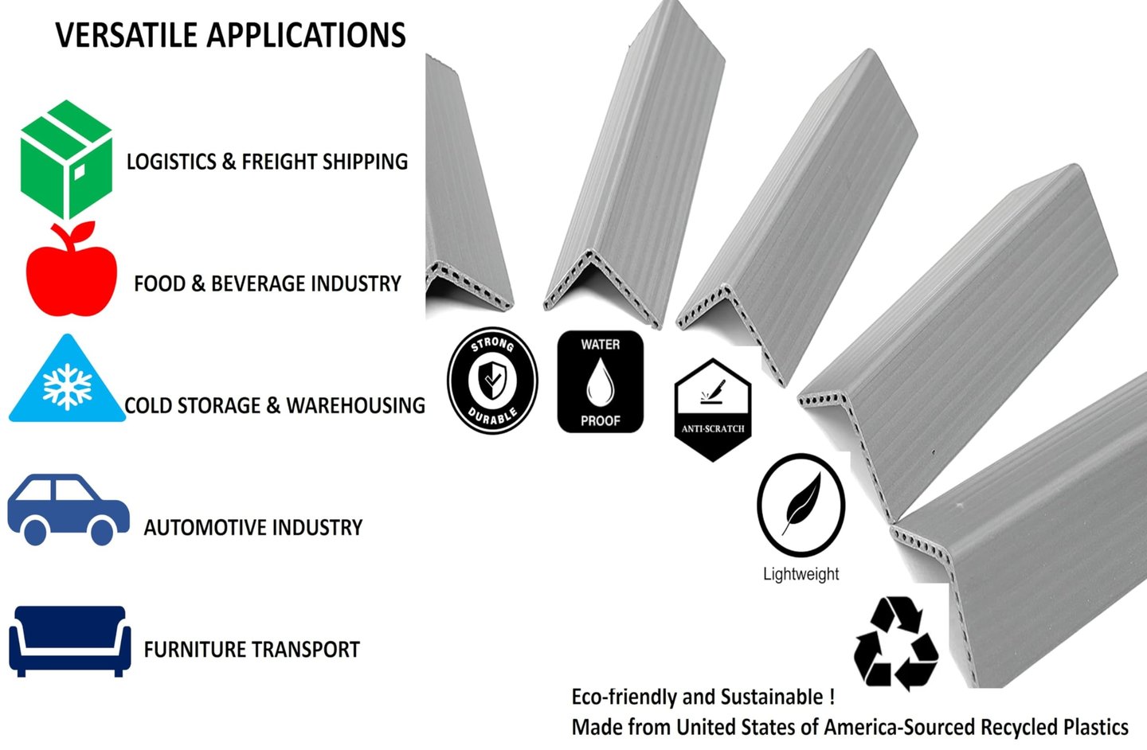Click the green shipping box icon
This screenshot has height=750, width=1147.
[x=66, y=159]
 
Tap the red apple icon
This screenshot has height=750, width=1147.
[x=71, y=272]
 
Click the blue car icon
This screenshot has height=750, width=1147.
[x=68, y=510]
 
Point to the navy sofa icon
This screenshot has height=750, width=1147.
[x=70, y=640]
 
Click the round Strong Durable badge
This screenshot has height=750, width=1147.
[x=492, y=381]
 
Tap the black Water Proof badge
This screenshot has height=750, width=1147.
[x=600, y=382]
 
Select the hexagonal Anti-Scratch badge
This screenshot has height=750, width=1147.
[x=712, y=410]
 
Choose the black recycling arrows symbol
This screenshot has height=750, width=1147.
[x=895, y=643]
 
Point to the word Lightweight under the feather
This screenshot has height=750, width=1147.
[x=801, y=574]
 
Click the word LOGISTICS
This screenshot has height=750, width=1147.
[x=171, y=162]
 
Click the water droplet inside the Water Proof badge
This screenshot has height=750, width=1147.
[x=600, y=381]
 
